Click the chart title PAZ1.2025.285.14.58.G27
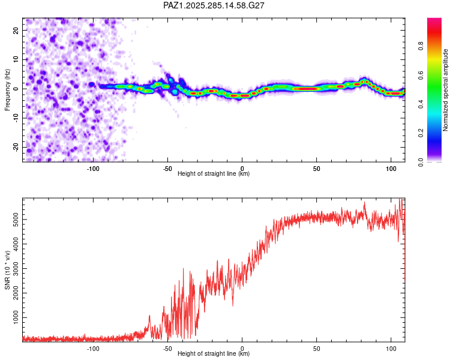pos(214,5)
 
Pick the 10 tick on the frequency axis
pos(16,59)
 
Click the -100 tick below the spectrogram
pos(93,169)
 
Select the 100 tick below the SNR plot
pos(391,349)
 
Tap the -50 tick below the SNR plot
pos(167,349)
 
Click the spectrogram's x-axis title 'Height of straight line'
pos(214,174)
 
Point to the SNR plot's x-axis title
pos(214,354)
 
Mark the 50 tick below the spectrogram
pos(316,169)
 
